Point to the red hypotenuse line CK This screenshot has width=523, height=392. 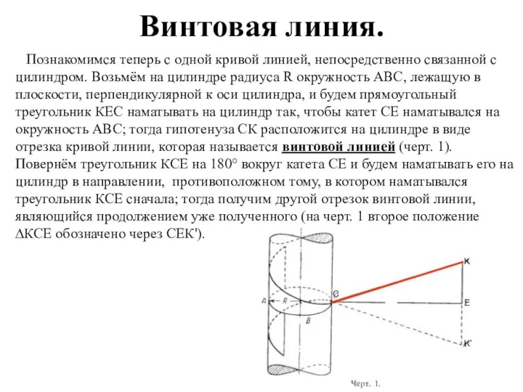pos(399,280)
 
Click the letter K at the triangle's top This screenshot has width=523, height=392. pos(467,262)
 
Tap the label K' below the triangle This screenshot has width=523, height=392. pos(468,343)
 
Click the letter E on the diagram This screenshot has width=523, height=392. pos(467,302)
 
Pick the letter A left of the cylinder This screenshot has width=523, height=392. pos(263,301)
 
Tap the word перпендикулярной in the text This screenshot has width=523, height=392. pos(133,95)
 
